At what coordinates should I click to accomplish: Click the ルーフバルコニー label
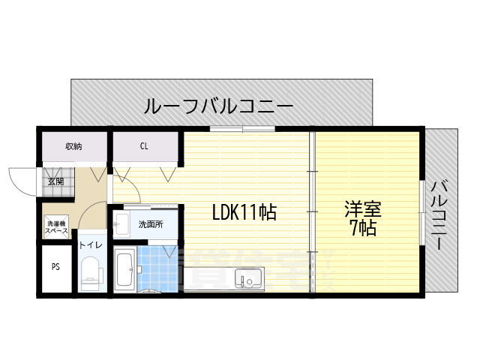tap(218, 107)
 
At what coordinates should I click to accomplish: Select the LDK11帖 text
tap(244, 213)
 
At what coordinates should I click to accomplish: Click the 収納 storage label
tap(73, 146)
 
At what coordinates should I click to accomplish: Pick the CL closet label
tap(143, 146)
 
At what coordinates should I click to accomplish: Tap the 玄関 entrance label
tap(56, 181)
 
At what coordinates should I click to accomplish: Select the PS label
tap(55, 267)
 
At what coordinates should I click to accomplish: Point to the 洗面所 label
tap(149, 224)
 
